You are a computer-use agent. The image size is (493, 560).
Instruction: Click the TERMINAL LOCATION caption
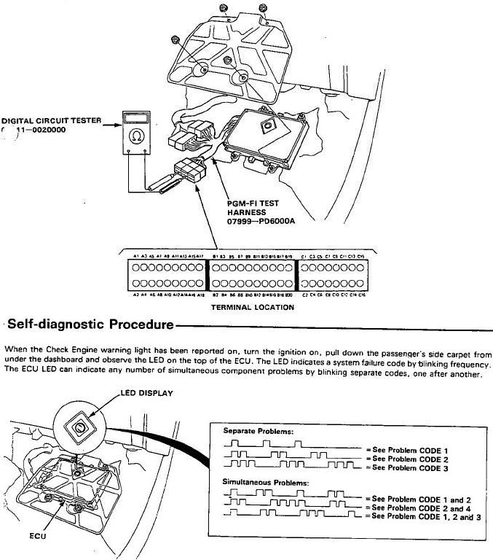[251, 307]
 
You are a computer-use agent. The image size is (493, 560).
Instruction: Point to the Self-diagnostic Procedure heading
[88, 323]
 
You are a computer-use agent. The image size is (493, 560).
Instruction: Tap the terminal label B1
[216, 257]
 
